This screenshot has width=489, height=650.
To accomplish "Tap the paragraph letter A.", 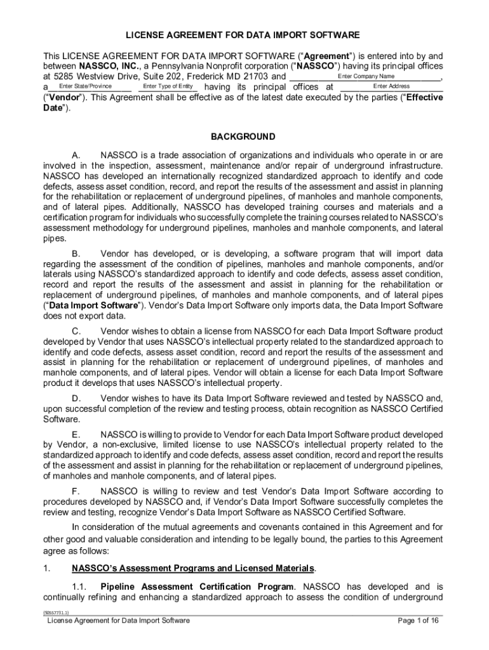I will click(x=76, y=156).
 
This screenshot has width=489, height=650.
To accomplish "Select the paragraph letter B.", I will click(x=76, y=253).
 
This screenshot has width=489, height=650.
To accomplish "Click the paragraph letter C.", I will click(x=76, y=331).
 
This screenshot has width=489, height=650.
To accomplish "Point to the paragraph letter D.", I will click(x=76, y=398).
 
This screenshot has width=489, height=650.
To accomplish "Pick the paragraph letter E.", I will click(x=76, y=434).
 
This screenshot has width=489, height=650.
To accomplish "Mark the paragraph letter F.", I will click(x=76, y=491).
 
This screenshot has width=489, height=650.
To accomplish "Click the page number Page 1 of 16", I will click(x=419, y=621).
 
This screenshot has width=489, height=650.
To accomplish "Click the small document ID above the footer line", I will click(x=56, y=613).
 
